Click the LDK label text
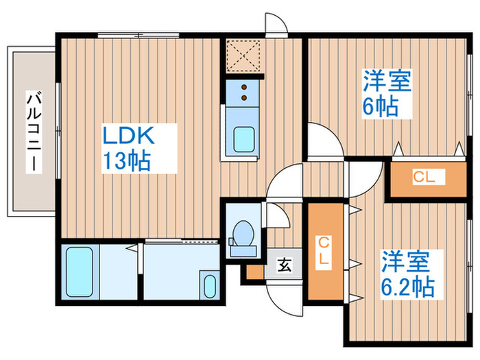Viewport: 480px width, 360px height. click(128, 136)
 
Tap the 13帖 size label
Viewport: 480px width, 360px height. click(126, 160)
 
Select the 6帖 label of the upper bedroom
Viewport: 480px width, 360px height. click(380, 106)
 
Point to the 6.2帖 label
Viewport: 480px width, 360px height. click(407, 287)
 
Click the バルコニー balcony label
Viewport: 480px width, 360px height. click(34, 131)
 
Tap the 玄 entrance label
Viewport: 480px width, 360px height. click(284, 265)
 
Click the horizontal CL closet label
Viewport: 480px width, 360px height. click(424, 177)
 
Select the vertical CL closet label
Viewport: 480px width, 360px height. click(324, 251)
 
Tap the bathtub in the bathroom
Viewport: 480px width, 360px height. click(80, 272)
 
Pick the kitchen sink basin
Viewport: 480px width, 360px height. click(244, 139)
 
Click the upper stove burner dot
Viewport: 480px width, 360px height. click(244, 87)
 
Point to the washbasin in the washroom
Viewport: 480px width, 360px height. click(210, 286)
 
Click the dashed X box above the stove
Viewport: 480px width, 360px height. click(243, 56)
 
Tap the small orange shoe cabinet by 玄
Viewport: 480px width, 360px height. click(255, 272)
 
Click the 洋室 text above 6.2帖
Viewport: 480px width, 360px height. click(405, 261)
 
